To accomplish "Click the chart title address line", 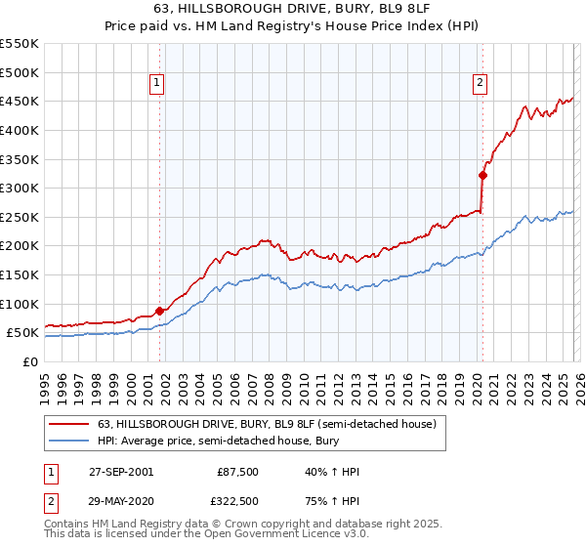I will [293, 9].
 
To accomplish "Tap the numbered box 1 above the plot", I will [158, 84].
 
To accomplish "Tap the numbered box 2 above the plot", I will [481, 84].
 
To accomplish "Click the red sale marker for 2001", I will [160, 311].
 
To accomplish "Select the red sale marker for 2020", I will [482, 176].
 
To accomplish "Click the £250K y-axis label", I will [20, 217].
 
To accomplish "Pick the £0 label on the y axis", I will [29, 361].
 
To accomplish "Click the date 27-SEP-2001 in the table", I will [120, 472].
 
